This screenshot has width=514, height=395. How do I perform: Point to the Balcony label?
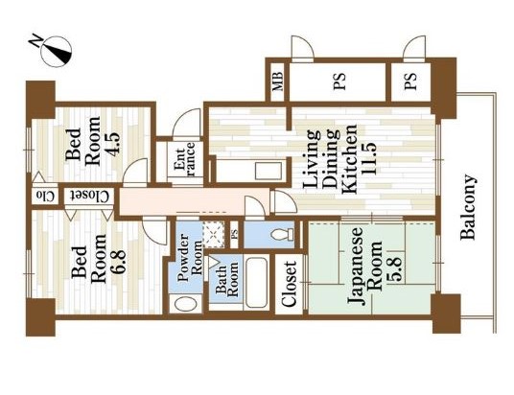471,205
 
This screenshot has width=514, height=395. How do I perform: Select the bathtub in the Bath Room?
256,285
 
